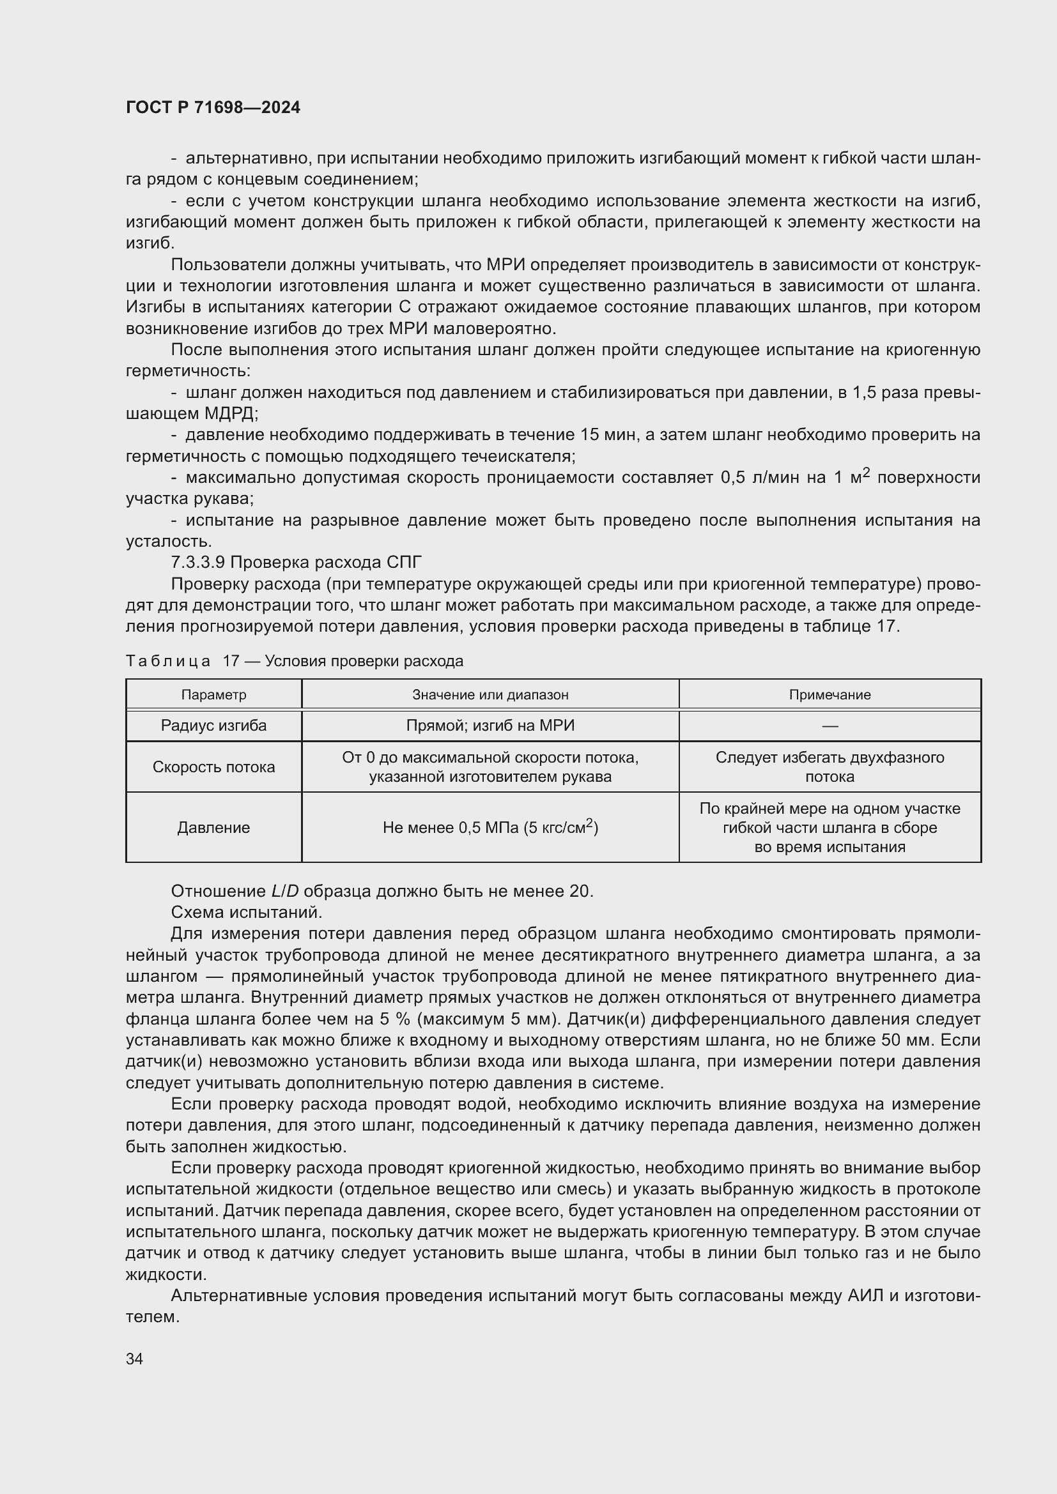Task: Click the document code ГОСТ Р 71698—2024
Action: [213, 107]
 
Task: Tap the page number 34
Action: [135, 1359]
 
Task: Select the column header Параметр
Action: [213, 694]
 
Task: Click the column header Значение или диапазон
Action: [490, 694]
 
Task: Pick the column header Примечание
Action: [829, 694]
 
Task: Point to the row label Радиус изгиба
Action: [213, 726]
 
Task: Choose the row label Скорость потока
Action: [213, 766]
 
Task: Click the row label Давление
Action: [213, 828]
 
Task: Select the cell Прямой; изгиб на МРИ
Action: [490, 726]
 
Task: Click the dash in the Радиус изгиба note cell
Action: [829, 726]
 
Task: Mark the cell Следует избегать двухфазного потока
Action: [829, 766]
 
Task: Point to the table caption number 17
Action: [231, 661]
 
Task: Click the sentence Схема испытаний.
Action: [247, 912]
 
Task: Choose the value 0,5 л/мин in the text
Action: [759, 478]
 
